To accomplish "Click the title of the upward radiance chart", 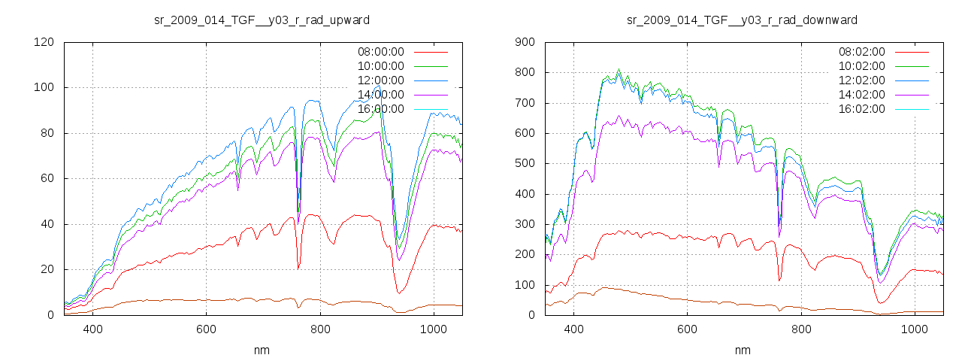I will point(261,20).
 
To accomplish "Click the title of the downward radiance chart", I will point(742,20).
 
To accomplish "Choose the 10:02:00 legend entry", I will point(861,66).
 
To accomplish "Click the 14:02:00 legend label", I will point(861,95).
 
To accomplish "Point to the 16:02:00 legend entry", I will point(861,109).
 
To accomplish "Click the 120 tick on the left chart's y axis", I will point(44,42).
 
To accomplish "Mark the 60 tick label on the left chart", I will point(47,178).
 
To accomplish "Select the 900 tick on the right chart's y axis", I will point(525,42).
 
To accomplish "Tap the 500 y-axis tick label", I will point(525,163).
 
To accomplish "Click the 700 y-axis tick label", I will point(525,103).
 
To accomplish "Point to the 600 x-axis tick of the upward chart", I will point(207,329).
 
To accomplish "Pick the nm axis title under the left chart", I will point(262,350).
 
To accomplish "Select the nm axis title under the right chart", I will point(743,350).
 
